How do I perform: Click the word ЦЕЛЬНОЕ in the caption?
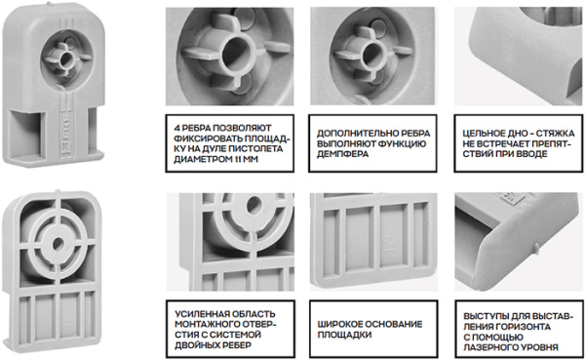[x=483, y=134]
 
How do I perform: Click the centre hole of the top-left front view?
[x=66, y=59]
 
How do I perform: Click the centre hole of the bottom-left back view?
[x=58, y=244]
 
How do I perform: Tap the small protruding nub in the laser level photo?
[x=535, y=247]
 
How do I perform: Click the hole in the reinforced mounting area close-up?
[x=254, y=205]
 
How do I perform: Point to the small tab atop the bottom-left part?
[x=58, y=191]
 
